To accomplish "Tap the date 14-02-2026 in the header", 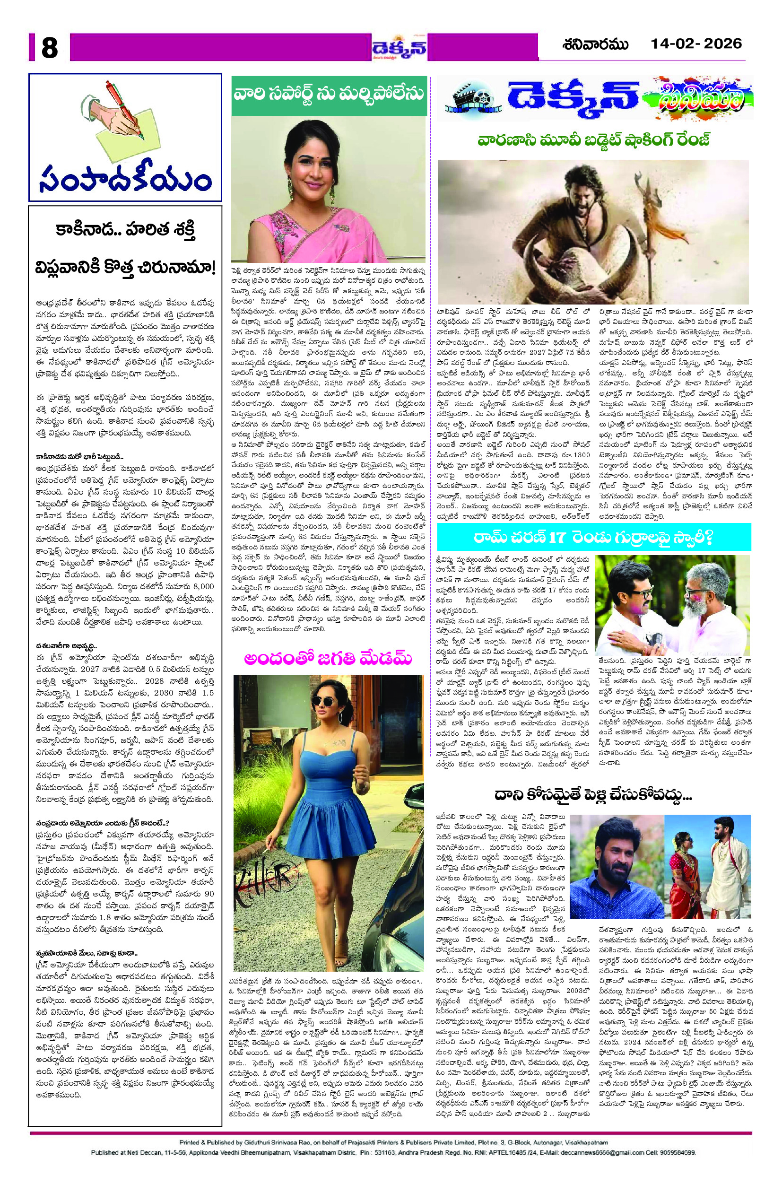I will click(x=696, y=44).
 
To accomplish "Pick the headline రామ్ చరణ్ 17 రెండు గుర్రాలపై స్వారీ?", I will click(x=593, y=538).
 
